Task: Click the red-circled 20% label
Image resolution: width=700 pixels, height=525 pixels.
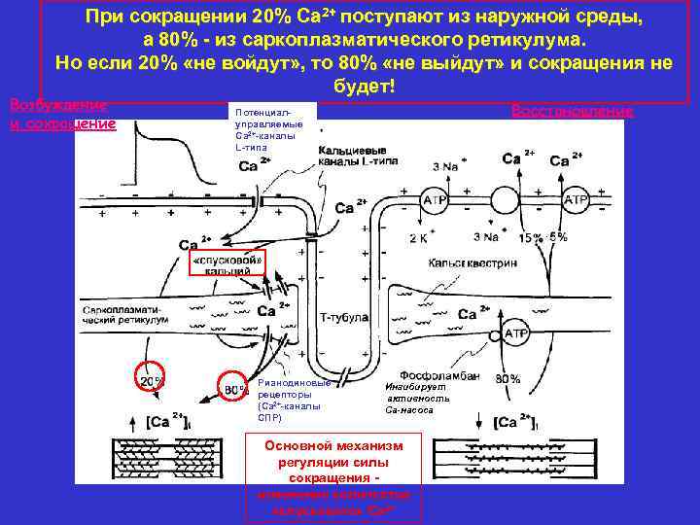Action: click(x=149, y=382)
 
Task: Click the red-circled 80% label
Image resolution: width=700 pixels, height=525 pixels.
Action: click(x=234, y=390)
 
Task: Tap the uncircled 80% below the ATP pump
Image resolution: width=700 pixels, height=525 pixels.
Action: click(x=507, y=379)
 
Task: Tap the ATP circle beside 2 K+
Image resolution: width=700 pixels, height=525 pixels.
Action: click(x=435, y=200)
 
